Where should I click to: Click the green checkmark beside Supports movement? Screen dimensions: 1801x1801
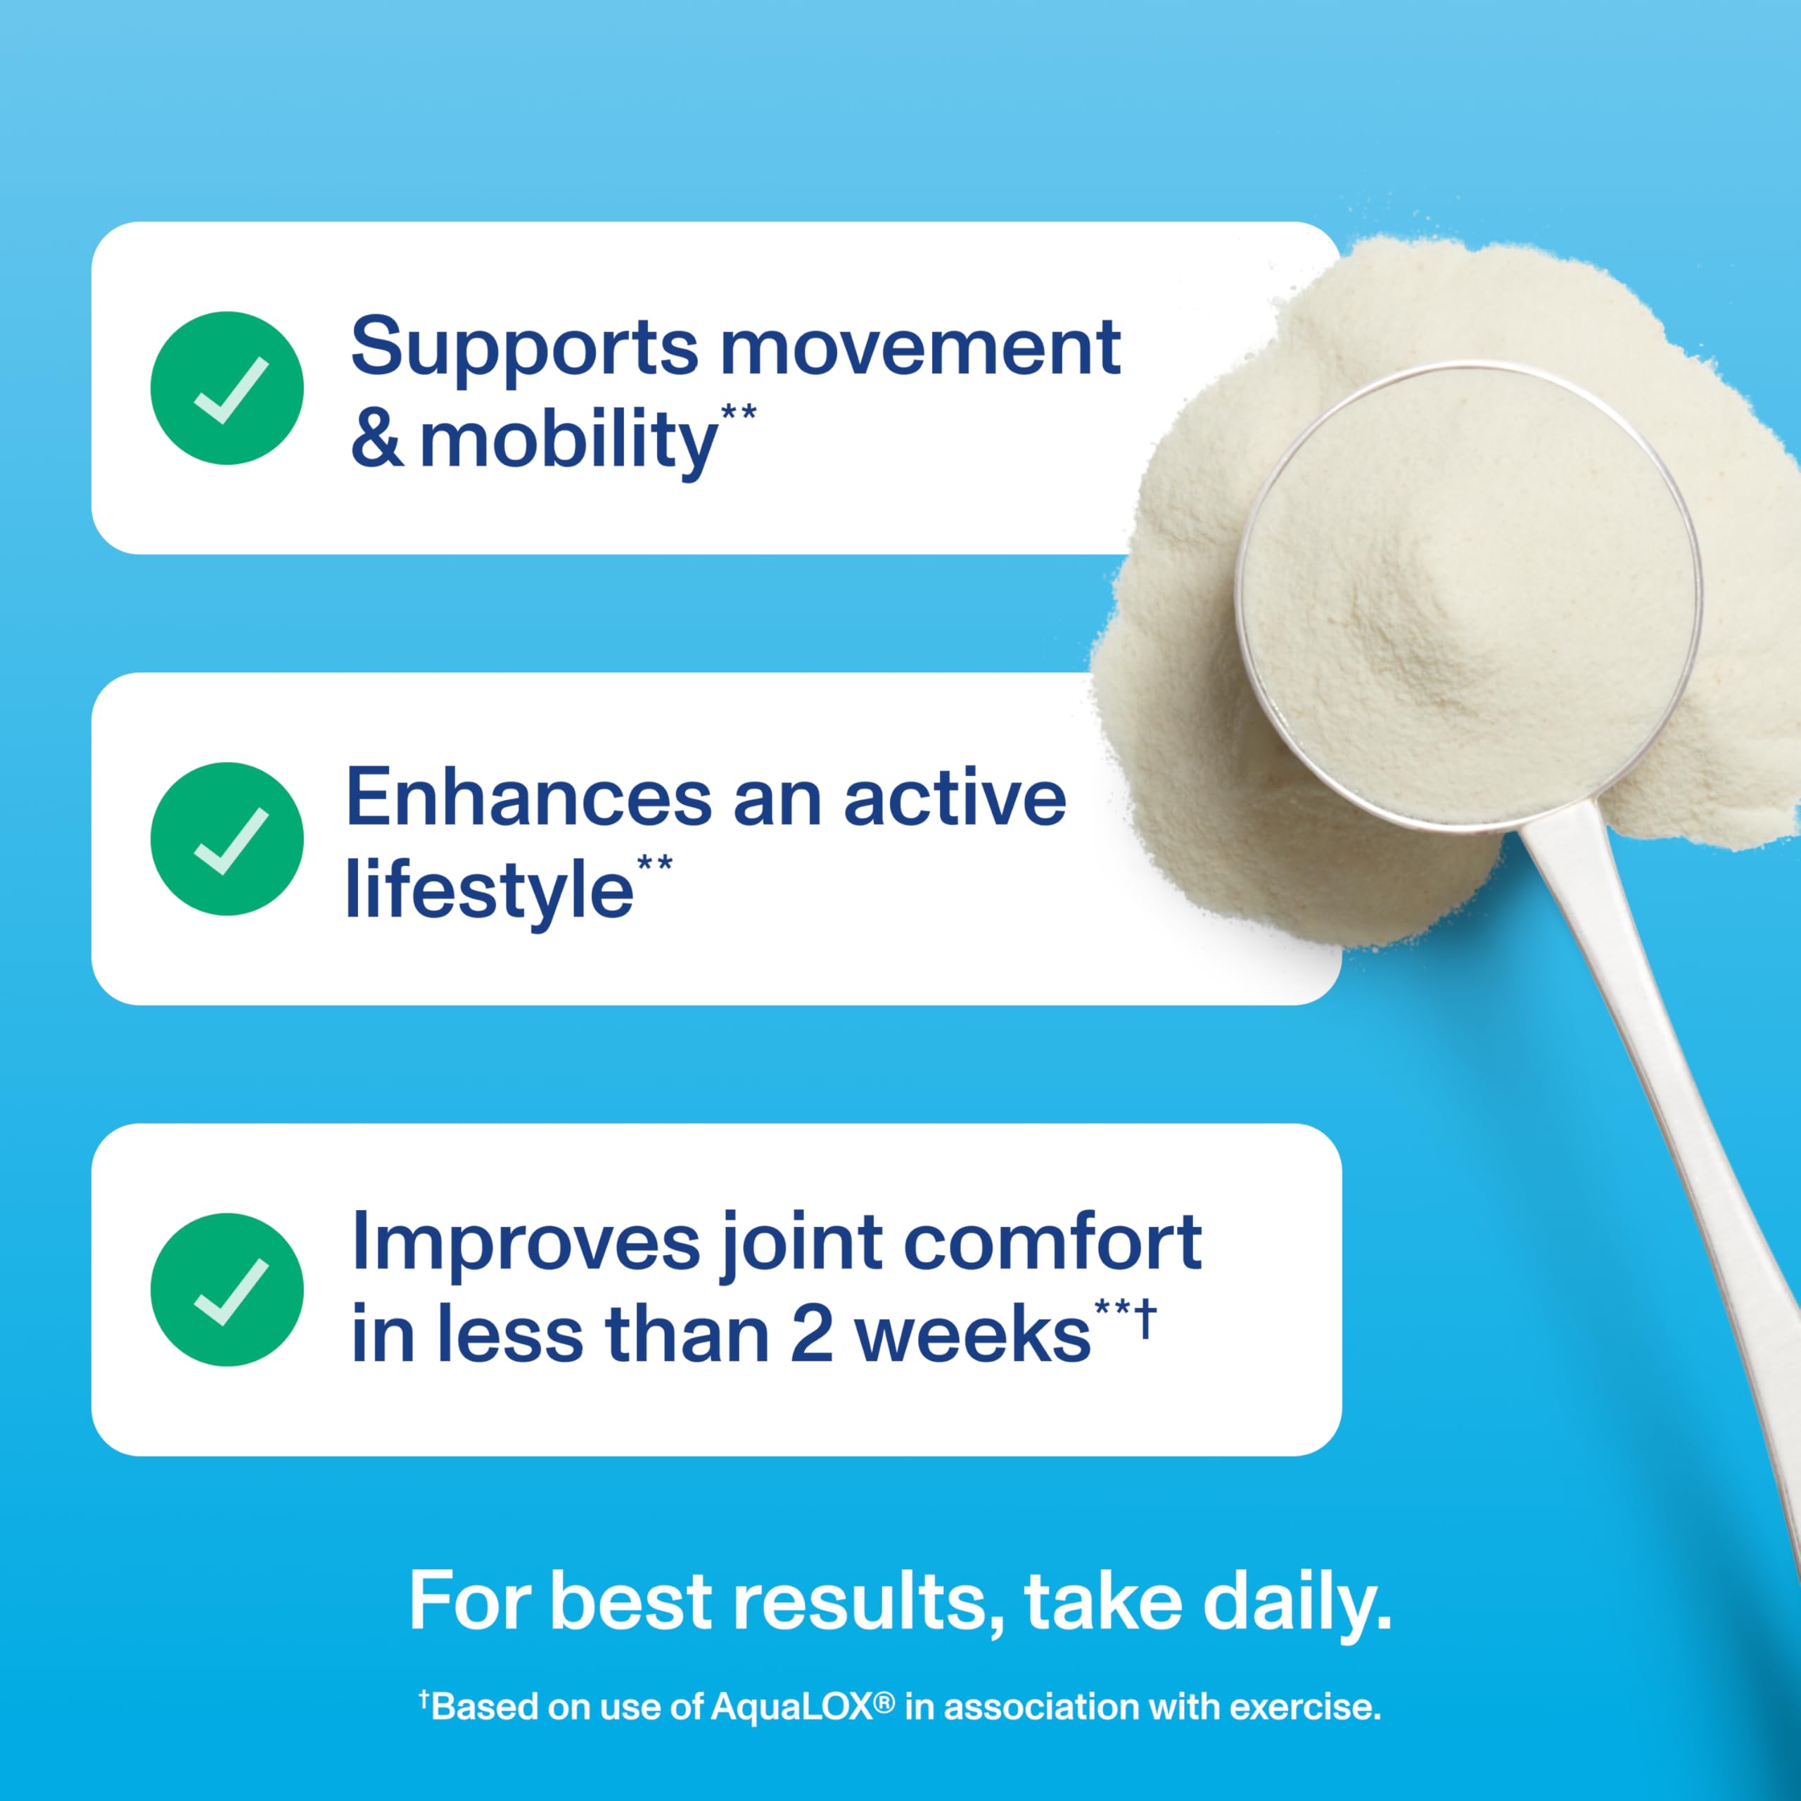click(227, 388)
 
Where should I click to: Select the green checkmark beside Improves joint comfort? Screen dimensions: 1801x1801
click(227, 1290)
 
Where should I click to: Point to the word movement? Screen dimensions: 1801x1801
click(920, 348)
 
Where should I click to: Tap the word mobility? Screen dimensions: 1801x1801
click(568, 442)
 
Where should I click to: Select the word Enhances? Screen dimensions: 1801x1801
click(528, 798)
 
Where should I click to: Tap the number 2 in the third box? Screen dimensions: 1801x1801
click(811, 1335)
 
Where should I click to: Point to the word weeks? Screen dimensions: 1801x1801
click(972, 1335)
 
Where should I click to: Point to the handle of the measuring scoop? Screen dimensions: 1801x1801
click(1669, 1072)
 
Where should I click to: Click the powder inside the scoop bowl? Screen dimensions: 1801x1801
click(1468, 597)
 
